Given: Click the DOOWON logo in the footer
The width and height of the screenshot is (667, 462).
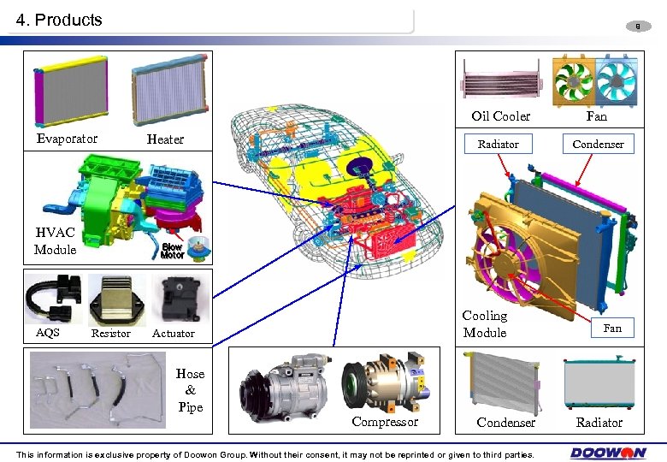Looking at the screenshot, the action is (608, 453).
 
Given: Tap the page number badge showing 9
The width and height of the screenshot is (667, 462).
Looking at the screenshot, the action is (638, 27).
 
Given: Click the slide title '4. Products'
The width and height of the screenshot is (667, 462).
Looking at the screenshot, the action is (59, 20).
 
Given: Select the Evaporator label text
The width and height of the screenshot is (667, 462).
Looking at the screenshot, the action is (67, 139).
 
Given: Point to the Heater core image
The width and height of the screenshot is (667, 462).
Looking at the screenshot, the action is (169, 89).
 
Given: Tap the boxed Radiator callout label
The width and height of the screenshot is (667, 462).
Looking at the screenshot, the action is (499, 144).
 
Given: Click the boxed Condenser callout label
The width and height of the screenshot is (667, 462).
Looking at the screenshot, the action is (598, 144).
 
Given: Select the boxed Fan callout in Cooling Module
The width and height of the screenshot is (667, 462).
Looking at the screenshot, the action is (612, 328).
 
